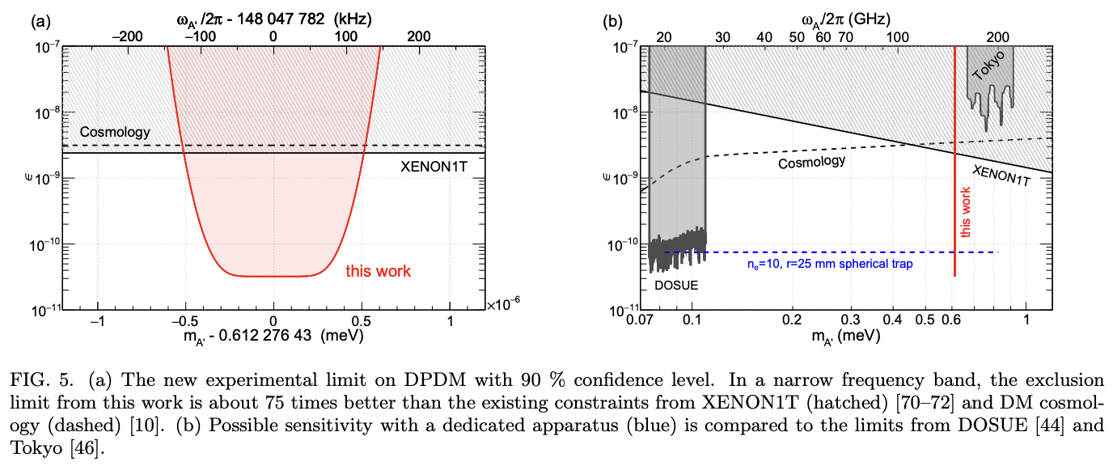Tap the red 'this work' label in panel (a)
[x=379, y=271]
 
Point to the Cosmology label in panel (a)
[x=115, y=132]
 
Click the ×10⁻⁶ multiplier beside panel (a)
[x=504, y=304]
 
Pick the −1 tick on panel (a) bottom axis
[x=98, y=320]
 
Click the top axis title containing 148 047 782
[x=274, y=15]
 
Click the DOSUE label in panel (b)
[x=675, y=286]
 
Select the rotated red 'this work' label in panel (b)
[x=966, y=210]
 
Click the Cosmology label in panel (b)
[x=811, y=162]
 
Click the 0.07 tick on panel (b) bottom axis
[x=640, y=320]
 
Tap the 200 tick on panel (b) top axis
[x=999, y=36]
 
